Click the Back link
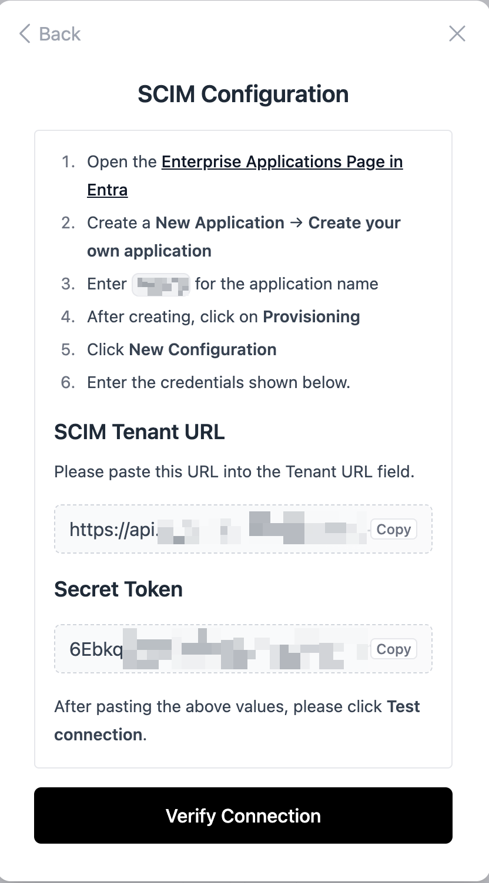click(x=50, y=34)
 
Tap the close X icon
click(x=457, y=34)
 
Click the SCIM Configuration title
click(x=243, y=94)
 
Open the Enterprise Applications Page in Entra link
click(x=282, y=162)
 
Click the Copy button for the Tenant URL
click(x=393, y=530)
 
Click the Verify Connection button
click(x=243, y=815)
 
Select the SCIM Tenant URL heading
click(x=139, y=432)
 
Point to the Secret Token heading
click(x=118, y=589)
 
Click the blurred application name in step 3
click(x=161, y=284)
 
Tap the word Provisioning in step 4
click(x=311, y=317)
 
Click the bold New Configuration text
click(x=203, y=350)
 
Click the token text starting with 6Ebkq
click(x=96, y=649)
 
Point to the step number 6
click(x=68, y=383)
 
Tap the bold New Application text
click(x=220, y=223)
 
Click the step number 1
click(x=68, y=162)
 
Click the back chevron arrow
click(x=25, y=34)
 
